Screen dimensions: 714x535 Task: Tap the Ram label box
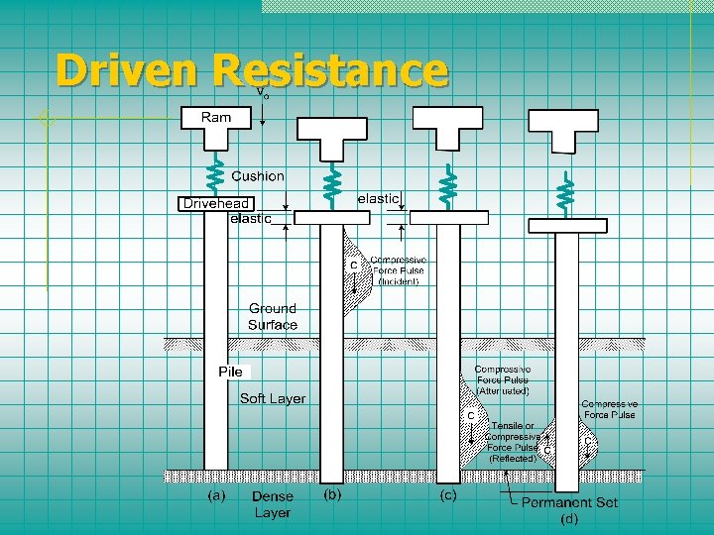coord(216,117)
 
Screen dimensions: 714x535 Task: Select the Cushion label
coord(258,176)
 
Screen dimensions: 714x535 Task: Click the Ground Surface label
coord(273,317)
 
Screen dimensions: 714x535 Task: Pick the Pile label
coord(231,372)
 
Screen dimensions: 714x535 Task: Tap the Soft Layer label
coord(273,399)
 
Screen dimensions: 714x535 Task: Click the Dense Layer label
coord(272,504)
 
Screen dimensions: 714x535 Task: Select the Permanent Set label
coord(569,502)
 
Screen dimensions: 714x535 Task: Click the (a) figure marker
coord(214,493)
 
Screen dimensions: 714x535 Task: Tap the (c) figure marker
coord(448,493)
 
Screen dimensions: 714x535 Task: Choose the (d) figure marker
coord(569,518)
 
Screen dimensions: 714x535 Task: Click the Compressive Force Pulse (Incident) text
coord(399,270)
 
